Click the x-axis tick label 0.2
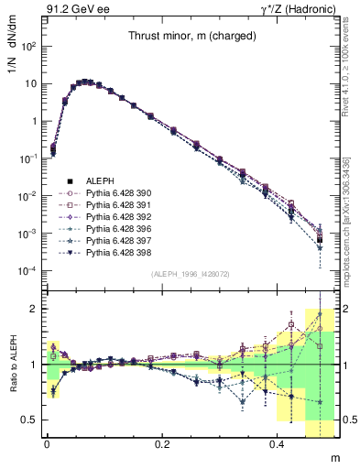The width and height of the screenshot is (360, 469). pos(162,443)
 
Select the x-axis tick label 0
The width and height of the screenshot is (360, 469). pos(47,443)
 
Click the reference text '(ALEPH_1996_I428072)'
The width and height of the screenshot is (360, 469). pos(190,274)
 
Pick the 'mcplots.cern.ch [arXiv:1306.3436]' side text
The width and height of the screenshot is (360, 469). pos(351,213)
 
